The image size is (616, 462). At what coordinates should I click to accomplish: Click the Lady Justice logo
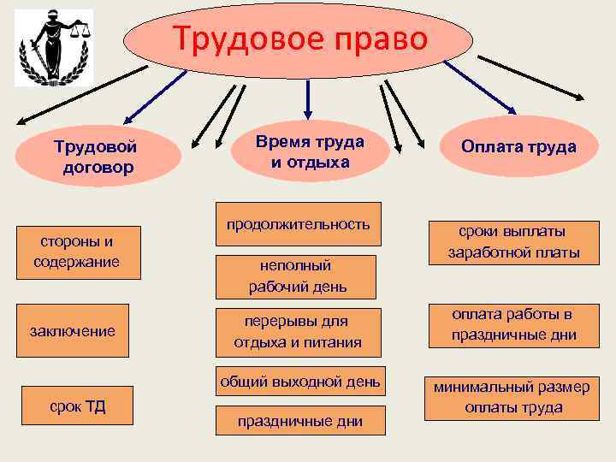(54, 50)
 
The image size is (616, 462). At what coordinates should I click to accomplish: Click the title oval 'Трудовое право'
(299, 40)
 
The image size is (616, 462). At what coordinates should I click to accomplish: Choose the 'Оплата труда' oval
(518, 147)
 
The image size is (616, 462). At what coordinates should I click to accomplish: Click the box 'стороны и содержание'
(76, 251)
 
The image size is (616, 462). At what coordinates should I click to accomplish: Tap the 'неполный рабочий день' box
(296, 275)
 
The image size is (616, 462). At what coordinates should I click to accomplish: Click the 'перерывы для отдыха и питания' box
(297, 332)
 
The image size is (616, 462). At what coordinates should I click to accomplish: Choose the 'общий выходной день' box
(299, 382)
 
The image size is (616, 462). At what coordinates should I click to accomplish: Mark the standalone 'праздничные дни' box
(300, 420)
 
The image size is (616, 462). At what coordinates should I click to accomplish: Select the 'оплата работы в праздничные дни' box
(513, 324)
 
